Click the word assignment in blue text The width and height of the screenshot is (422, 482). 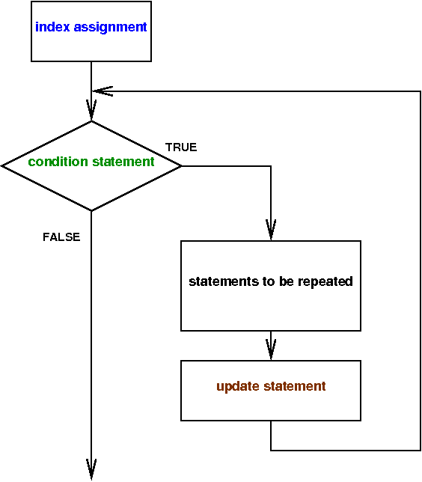coord(110,27)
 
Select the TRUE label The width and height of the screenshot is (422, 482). coord(181,147)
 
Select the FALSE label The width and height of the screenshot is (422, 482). coord(61,237)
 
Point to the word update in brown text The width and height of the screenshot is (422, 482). coord(235,387)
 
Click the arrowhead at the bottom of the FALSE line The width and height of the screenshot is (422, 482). coord(91,469)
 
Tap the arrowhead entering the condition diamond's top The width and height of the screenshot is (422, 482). coord(91,112)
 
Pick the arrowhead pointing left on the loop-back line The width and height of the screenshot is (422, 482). coord(101,91)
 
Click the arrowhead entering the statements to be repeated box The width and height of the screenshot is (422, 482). coord(271,231)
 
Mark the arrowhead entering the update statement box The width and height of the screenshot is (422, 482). coord(271,350)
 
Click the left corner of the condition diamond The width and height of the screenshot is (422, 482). coord(2,165)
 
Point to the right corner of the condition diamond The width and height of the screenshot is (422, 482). coord(181,165)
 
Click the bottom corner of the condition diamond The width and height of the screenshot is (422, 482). coord(91,210)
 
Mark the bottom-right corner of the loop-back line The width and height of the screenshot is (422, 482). coord(421,450)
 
